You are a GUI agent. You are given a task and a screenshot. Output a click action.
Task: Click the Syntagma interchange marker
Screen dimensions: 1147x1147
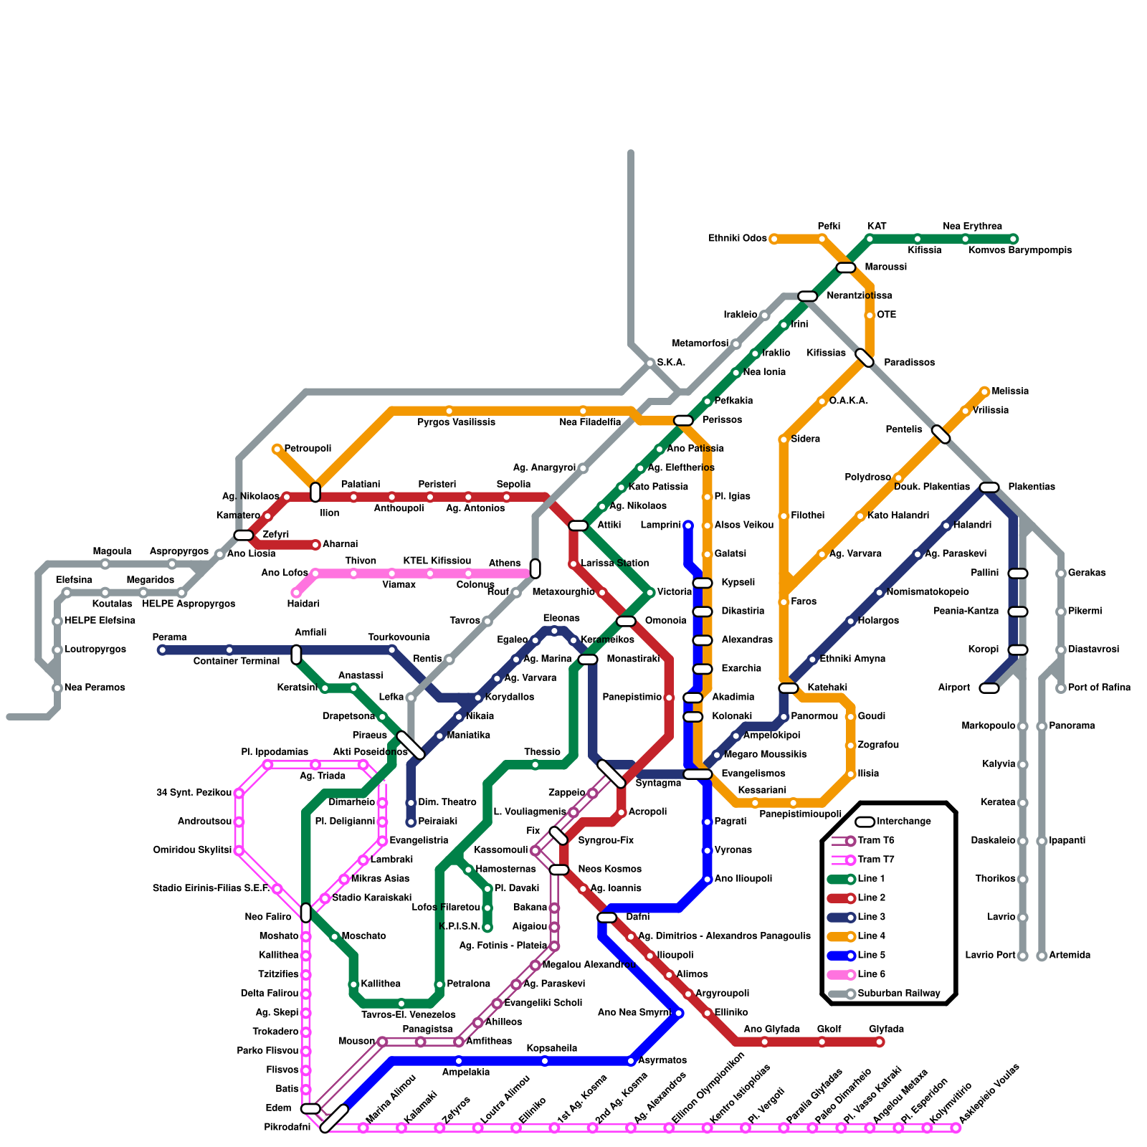click(611, 774)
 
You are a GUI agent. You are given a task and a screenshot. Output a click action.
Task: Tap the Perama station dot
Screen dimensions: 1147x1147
click(162, 650)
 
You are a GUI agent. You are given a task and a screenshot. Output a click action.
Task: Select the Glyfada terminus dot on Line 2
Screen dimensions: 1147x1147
click(880, 1042)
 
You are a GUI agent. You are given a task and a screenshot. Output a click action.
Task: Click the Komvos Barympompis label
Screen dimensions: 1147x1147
click(1020, 250)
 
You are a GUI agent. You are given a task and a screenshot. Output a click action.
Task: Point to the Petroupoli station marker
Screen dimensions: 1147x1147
click(277, 449)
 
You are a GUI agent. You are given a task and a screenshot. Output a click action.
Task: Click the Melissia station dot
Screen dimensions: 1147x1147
click(984, 391)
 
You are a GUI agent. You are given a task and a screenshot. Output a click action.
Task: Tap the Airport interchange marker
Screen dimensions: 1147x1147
click(989, 688)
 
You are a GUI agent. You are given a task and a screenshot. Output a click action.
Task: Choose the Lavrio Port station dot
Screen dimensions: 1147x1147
click(1022, 956)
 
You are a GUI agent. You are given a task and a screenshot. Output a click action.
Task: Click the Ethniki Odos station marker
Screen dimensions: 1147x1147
click(774, 239)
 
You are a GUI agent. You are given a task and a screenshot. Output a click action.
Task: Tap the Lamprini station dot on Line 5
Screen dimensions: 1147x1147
click(688, 525)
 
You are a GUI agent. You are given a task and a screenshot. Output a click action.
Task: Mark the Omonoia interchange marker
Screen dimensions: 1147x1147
click(626, 621)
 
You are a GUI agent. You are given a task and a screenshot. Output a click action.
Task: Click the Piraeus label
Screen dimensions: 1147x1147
click(370, 736)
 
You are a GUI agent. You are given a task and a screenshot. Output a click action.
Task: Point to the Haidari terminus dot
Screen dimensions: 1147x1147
click(296, 593)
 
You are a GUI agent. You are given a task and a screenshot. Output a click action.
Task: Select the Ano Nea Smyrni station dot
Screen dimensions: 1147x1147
click(678, 1013)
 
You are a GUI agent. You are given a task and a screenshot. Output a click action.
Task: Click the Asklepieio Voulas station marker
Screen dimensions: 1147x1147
click(956, 1128)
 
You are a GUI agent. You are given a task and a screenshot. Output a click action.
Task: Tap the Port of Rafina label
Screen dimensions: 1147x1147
click(1099, 688)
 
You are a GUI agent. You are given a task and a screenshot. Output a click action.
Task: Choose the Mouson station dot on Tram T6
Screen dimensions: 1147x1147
click(382, 1042)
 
